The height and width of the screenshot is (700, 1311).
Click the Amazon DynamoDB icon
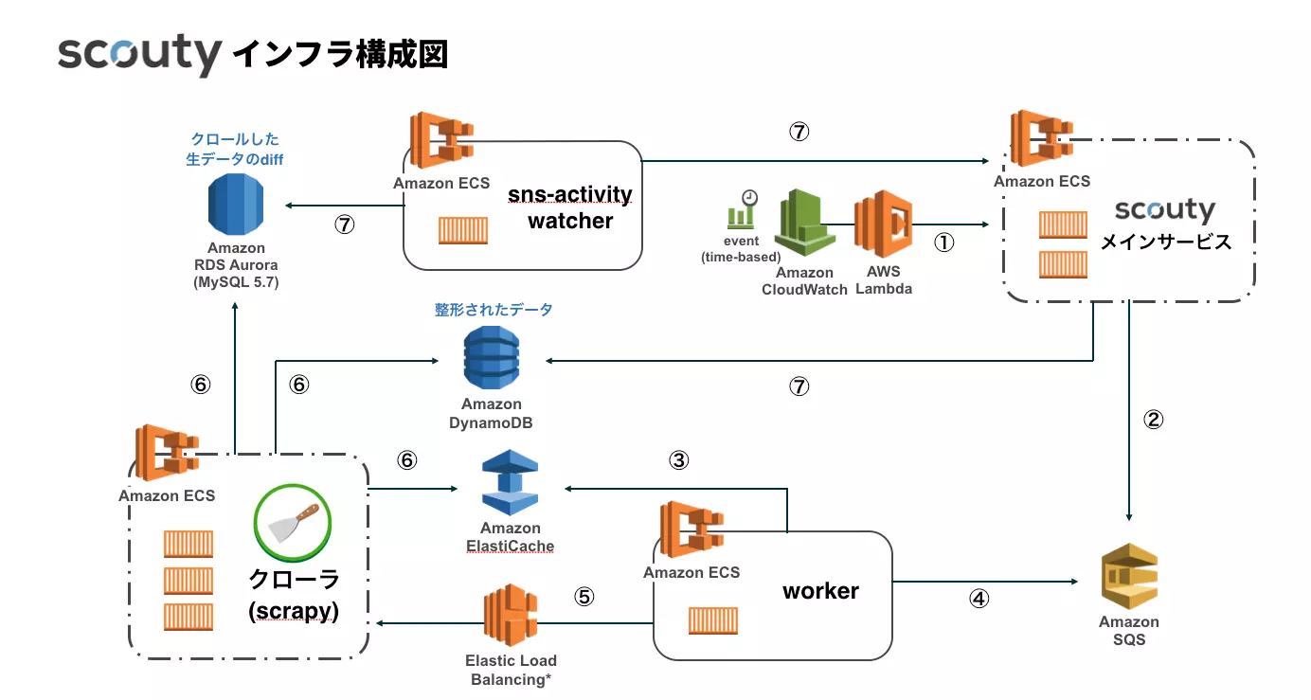491,358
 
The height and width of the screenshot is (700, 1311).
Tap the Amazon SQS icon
1129,577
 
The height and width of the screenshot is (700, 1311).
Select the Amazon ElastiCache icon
510,482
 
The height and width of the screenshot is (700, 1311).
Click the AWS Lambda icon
883,224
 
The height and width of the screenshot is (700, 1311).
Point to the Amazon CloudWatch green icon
805,223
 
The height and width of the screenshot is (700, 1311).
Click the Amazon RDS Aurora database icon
236,205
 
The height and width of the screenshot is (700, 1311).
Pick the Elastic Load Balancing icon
511,615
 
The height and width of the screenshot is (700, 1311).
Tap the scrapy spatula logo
293,523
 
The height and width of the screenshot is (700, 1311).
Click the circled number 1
943,242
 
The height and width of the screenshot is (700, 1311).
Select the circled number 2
1153,420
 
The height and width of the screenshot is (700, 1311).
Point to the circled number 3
678,460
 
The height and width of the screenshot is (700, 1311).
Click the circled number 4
979,599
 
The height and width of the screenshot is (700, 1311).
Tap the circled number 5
584,597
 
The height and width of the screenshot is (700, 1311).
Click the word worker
820,591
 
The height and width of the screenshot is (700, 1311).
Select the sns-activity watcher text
570,207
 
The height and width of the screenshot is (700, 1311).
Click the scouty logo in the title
139,54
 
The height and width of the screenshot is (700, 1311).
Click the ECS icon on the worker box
691,529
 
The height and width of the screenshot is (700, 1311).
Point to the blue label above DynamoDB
494,310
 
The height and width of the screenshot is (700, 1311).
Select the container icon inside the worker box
713,620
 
